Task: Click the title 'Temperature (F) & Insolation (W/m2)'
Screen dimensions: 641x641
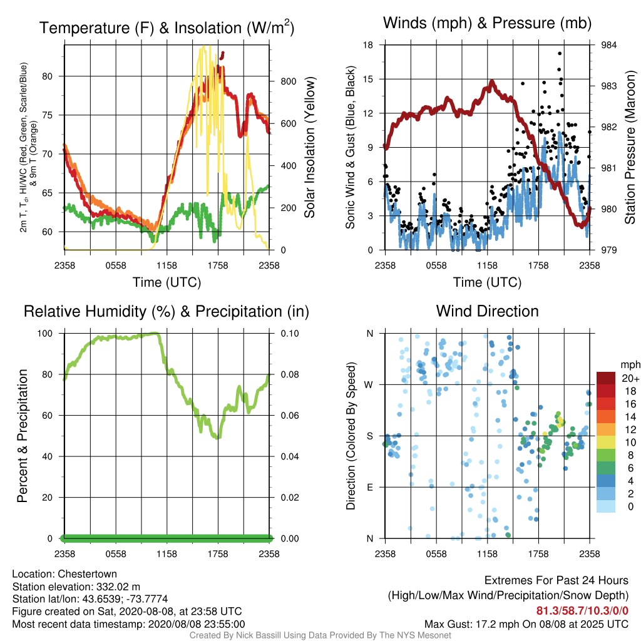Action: coord(167,28)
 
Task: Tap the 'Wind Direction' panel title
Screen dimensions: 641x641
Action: coord(487,311)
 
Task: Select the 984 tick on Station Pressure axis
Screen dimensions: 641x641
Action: coord(608,45)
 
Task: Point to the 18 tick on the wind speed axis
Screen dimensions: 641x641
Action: coord(368,45)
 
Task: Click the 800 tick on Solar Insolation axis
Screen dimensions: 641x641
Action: coord(288,81)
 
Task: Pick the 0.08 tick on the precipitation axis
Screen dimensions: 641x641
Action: coord(290,374)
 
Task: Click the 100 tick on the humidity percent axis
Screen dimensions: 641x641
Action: coord(45,333)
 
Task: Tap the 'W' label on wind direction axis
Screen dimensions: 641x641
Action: coord(369,385)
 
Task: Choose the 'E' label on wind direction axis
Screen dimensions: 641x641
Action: coord(370,487)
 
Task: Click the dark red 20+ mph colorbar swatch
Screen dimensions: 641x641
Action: coord(605,378)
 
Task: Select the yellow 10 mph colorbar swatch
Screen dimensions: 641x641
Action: coord(605,442)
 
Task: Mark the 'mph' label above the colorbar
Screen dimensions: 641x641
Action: coord(630,365)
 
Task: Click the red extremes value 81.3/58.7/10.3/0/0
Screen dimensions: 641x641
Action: coord(582,611)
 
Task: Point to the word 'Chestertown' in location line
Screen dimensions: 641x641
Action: coord(87,574)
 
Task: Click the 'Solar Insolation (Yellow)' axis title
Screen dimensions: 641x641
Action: coord(309,147)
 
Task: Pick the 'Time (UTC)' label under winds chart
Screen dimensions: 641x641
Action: coord(487,282)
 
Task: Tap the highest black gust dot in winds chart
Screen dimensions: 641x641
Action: coord(560,53)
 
